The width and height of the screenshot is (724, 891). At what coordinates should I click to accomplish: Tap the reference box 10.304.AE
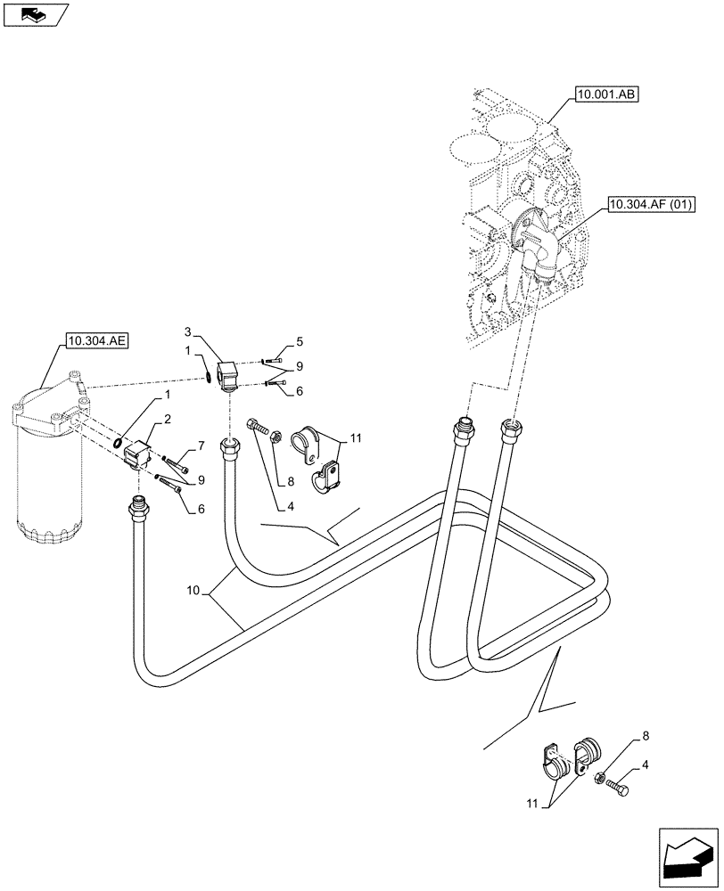95,339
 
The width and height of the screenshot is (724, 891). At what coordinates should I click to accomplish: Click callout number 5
300,340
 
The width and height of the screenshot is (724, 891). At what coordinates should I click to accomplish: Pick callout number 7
202,445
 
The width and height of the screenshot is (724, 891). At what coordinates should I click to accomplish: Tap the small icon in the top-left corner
36,15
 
